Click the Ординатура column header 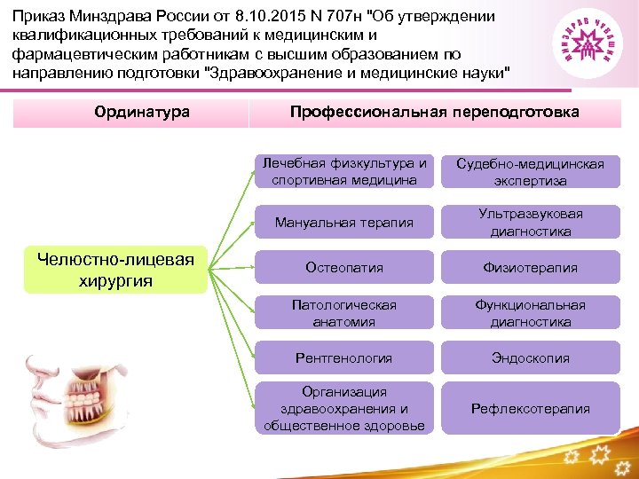pyautogui.click(x=130, y=113)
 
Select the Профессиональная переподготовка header pyautogui.click(x=435, y=113)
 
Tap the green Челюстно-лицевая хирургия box pyautogui.click(x=114, y=269)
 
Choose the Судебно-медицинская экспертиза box pyautogui.click(x=531, y=172)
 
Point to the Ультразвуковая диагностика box pyautogui.click(x=531, y=222)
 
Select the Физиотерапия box pyautogui.click(x=531, y=267)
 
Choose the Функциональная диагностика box pyautogui.click(x=531, y=313)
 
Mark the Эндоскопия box pyautogui.click(x=531, y=358)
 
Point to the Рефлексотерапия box pyautogui.click(x=531, y=409)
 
